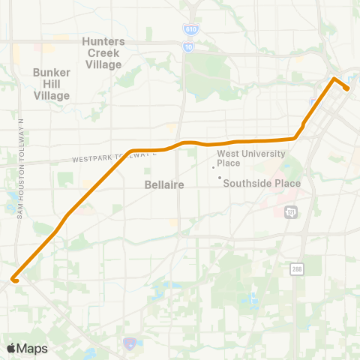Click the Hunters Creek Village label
tap(103, 52)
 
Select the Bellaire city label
tap(160, 184)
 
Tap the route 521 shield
tap(291, 213)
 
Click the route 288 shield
tap(296, 268)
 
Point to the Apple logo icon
tap(11, 348)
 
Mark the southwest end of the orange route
tap(13, 280)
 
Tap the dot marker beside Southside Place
tap(219, 178)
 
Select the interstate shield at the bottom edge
tap(129, 343)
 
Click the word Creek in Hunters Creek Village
tap(103, 52)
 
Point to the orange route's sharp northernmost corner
tap(334, 78)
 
